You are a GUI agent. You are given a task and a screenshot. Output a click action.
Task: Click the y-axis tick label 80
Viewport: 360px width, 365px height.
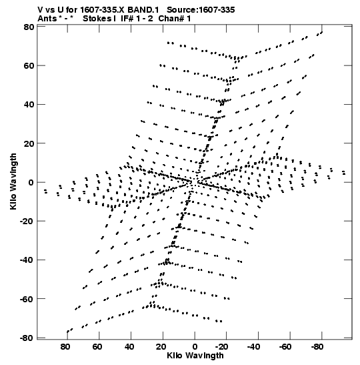click(x=29, y=27)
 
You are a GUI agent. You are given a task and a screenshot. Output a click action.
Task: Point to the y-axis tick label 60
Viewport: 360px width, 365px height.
click(x=29, y=66)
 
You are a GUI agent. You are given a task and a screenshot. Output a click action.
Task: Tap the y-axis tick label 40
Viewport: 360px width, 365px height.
click(x=29, y=105)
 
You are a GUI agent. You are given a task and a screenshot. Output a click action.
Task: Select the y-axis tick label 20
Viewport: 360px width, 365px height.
click(x=29, y=143)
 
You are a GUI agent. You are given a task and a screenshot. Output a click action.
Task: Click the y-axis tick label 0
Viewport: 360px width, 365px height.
click(x=31, y=182)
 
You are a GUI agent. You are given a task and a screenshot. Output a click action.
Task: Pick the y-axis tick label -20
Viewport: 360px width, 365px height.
click(x=27, y=221)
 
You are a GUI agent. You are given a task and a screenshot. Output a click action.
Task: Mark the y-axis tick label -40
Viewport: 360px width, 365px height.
click(x=27, y=260)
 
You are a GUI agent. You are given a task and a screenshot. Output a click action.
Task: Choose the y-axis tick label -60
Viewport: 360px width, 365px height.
click(x=27, y=299)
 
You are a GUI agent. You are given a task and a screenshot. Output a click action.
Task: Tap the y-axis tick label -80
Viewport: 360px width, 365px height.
click(x=27, y=338)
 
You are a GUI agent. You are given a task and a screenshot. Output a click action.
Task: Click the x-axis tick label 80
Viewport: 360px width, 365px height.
click(x=65, y=346)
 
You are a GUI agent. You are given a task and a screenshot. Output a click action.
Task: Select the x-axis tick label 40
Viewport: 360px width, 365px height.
click(x=129, y=346)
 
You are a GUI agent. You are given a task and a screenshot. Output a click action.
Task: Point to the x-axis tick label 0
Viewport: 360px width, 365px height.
click(x=195, y=346)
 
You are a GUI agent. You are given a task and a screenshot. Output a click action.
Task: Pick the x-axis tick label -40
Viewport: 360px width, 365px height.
click(x=253, y=346)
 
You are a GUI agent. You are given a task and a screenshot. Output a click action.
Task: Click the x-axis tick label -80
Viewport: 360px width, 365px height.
click(x=317, y=346)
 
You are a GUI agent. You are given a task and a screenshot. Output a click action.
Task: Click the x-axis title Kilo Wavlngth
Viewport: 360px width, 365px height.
click(x=195, y=356)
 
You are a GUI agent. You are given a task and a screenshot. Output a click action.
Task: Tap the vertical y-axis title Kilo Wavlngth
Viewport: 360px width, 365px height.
click(x=13, y=181)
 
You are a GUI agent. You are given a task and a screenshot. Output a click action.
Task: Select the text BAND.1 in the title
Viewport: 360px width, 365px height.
click(x=143, y=10)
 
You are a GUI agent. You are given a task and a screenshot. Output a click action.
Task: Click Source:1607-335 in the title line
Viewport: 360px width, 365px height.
click(x=201, y=10)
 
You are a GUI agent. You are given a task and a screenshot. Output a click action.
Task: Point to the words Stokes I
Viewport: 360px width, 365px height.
click(x=99, y=19)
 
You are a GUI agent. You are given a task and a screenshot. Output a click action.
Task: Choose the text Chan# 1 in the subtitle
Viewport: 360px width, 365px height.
click(x=175, y=19)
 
